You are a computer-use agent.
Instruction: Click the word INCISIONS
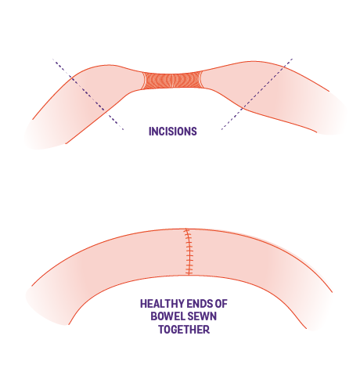click(x=173, y=132)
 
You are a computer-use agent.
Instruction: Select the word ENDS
click(x=199, y=304)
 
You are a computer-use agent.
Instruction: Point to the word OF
click(x=221, y=304)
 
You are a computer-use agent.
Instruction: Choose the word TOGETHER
click(x=184, y=330)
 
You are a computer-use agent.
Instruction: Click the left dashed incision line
click(x=88, y=94)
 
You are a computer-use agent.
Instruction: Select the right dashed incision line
click(x=257, y=94)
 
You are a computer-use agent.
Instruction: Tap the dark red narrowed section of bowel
click(x=172, y=81)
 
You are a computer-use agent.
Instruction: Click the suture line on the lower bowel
click(x=189, y=251)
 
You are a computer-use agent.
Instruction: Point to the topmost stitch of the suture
click(x=187, y=231)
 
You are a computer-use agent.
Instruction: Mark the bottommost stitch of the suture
click(x=189, y=273)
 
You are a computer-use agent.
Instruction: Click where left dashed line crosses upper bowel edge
click(x=72, y=78)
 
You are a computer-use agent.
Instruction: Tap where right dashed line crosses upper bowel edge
click(x=284, y=67)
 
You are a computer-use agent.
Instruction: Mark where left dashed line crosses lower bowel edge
click(x=105, y=110)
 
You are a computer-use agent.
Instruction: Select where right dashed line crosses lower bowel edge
click(x=243, y=107)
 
